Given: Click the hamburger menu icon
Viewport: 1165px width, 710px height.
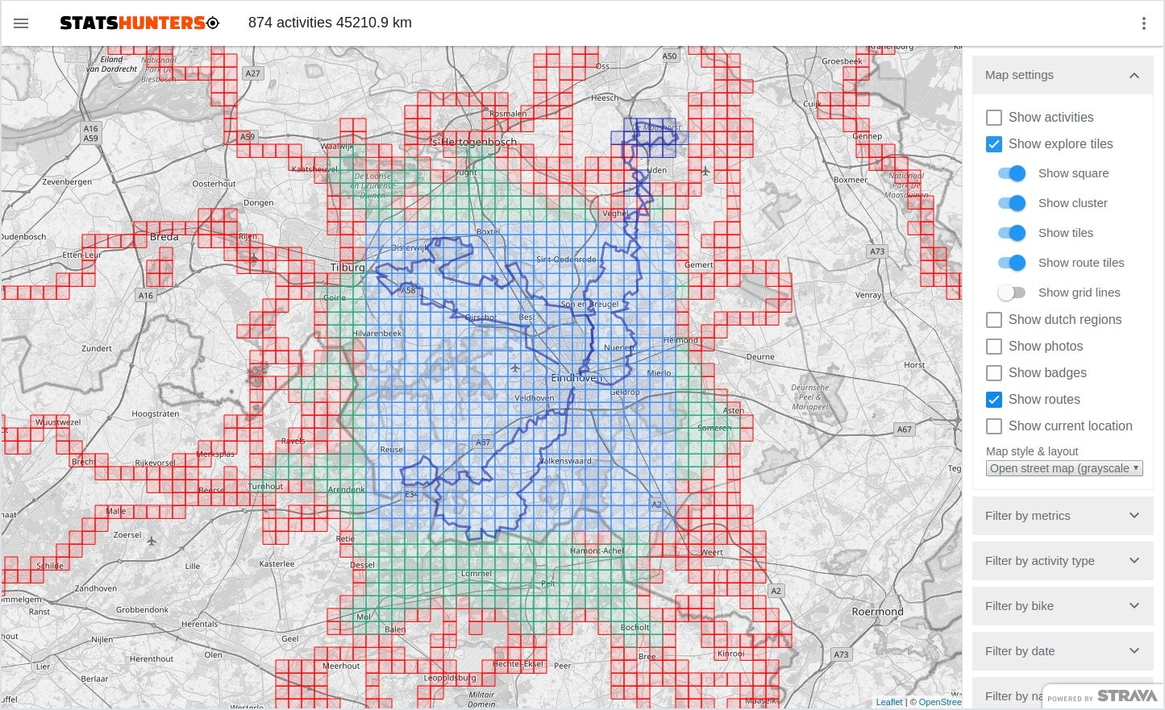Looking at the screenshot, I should pyautogui.click(x=21, y=23).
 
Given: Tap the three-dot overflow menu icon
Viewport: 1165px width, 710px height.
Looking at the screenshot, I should pyautogui.click(x=1143, y=23).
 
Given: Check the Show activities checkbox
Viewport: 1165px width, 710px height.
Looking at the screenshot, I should pyautogui.click(x=994, y=118).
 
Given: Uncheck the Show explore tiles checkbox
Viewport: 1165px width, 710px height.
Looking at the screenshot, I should pyautogui.click(x=994, y=144).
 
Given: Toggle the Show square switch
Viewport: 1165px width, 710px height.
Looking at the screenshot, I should pyautogui.click(x=1012, y=173).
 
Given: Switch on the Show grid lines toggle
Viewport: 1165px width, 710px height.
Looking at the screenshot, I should pyautogui.click(x=1012, y=293).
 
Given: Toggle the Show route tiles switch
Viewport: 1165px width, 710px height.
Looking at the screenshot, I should pyautogui.click(x=1012, y=263).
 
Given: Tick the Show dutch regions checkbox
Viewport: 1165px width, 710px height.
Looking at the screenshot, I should pyautogui.click(x=994, y=320).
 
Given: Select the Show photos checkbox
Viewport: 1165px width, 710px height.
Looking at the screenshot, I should pyautogui.click(x=994, y=347).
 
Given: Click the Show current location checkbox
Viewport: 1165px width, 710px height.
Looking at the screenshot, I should pyautogui.click(x=994, y=426).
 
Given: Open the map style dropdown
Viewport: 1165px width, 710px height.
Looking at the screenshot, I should pyautogui.click(x=1064, y=468).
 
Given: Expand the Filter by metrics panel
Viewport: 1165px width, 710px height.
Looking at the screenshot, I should pyautogui.click(x=1062, y=516).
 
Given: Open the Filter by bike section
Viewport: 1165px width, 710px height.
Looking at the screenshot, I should pyautogui.click(x=1062, y=606).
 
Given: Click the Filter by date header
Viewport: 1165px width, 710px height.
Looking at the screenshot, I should pyautogui.click(x=1062, y=651).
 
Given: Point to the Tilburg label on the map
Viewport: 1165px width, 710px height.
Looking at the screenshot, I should pyautogui.click(x=347, y=267).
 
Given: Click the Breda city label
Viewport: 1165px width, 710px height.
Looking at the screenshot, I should pyautogui.click(x=164, y=237).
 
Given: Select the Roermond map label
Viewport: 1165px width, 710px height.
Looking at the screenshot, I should pyautogui.click(x=877, y=612).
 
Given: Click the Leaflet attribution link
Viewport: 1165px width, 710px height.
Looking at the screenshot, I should pyautogui.click(x=889, y=702).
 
